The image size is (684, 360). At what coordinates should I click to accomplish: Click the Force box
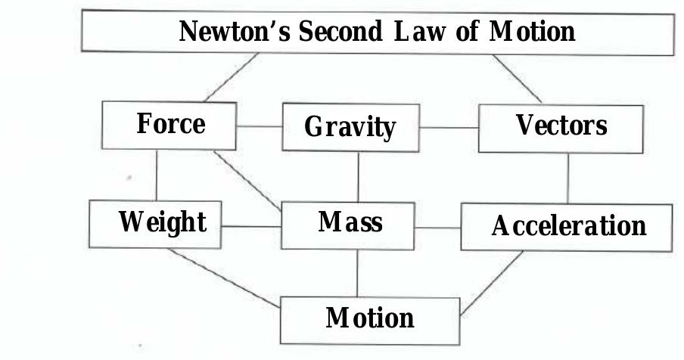[x=169, y=124]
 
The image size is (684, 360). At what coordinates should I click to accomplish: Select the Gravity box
[x=350, y=127]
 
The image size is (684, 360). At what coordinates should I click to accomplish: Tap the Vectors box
[x=561, y=125]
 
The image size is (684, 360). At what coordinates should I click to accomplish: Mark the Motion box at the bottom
[x=369, y=318]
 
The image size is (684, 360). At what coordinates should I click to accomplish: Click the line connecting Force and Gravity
[x=258, y=126]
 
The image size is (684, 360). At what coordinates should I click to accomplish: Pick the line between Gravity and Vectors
[x=449, y=128]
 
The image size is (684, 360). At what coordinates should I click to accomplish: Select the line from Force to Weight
[x=156, y=173]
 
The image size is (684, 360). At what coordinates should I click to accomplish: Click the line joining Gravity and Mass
[x=358, y=176]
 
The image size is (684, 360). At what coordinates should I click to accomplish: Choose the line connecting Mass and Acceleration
[x=437, y=228]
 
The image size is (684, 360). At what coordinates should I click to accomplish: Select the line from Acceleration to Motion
[x=492, y=282]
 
